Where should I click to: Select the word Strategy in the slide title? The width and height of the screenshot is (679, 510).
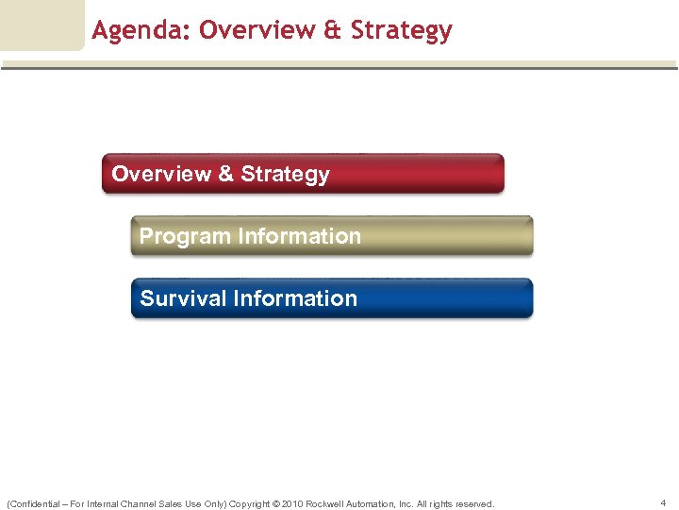point(401,31)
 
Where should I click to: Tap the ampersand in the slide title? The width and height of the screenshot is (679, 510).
point(332,31)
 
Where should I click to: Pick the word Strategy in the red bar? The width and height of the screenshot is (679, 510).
point(285,174)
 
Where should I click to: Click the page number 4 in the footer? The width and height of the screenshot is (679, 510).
point(664,503)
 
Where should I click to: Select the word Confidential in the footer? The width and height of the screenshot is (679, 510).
point(34,503)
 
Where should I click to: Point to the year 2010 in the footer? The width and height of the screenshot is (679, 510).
point(290,503)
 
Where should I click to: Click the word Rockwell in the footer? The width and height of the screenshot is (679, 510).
point(327,503)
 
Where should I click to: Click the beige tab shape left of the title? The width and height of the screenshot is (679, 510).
point(41,25)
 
